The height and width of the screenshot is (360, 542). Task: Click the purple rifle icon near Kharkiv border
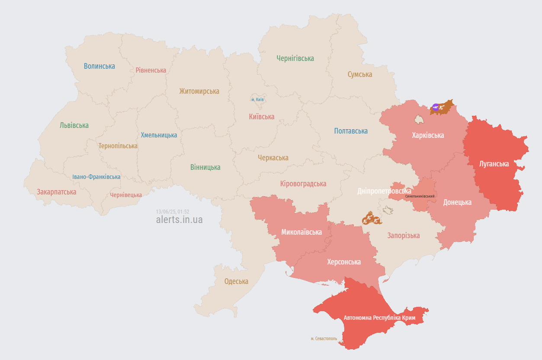click(436, 107)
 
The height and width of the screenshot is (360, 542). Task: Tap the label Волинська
click(99, 66)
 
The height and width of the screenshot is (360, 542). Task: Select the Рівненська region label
click(151, 70)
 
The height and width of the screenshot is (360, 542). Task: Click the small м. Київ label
click(257, 100)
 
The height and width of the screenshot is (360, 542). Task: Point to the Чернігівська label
click(295, 58)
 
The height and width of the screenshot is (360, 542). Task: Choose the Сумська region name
click(360, 74)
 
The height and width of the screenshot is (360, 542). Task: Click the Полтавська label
click(351, 131)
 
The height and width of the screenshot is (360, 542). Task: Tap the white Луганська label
click(494, 164)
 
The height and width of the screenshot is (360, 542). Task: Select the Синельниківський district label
click(420, 196)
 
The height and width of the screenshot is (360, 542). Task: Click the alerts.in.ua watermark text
click(179, 220)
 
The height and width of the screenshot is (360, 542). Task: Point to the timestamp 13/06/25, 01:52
click(173, 212)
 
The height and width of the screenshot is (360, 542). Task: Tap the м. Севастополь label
click(324, 338)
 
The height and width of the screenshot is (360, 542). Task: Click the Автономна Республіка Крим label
click(379, 318)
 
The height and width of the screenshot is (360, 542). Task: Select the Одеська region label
click(236, 281)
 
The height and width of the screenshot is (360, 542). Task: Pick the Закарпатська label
click(56, 192)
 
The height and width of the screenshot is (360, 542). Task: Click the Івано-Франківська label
click(96, 177)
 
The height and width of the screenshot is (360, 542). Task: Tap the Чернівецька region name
click(126, 195)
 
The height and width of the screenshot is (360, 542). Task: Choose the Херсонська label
click(344, 262)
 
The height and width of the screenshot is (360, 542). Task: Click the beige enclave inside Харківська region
click(419, 118)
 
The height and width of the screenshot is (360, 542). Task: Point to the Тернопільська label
click(118, 146)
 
